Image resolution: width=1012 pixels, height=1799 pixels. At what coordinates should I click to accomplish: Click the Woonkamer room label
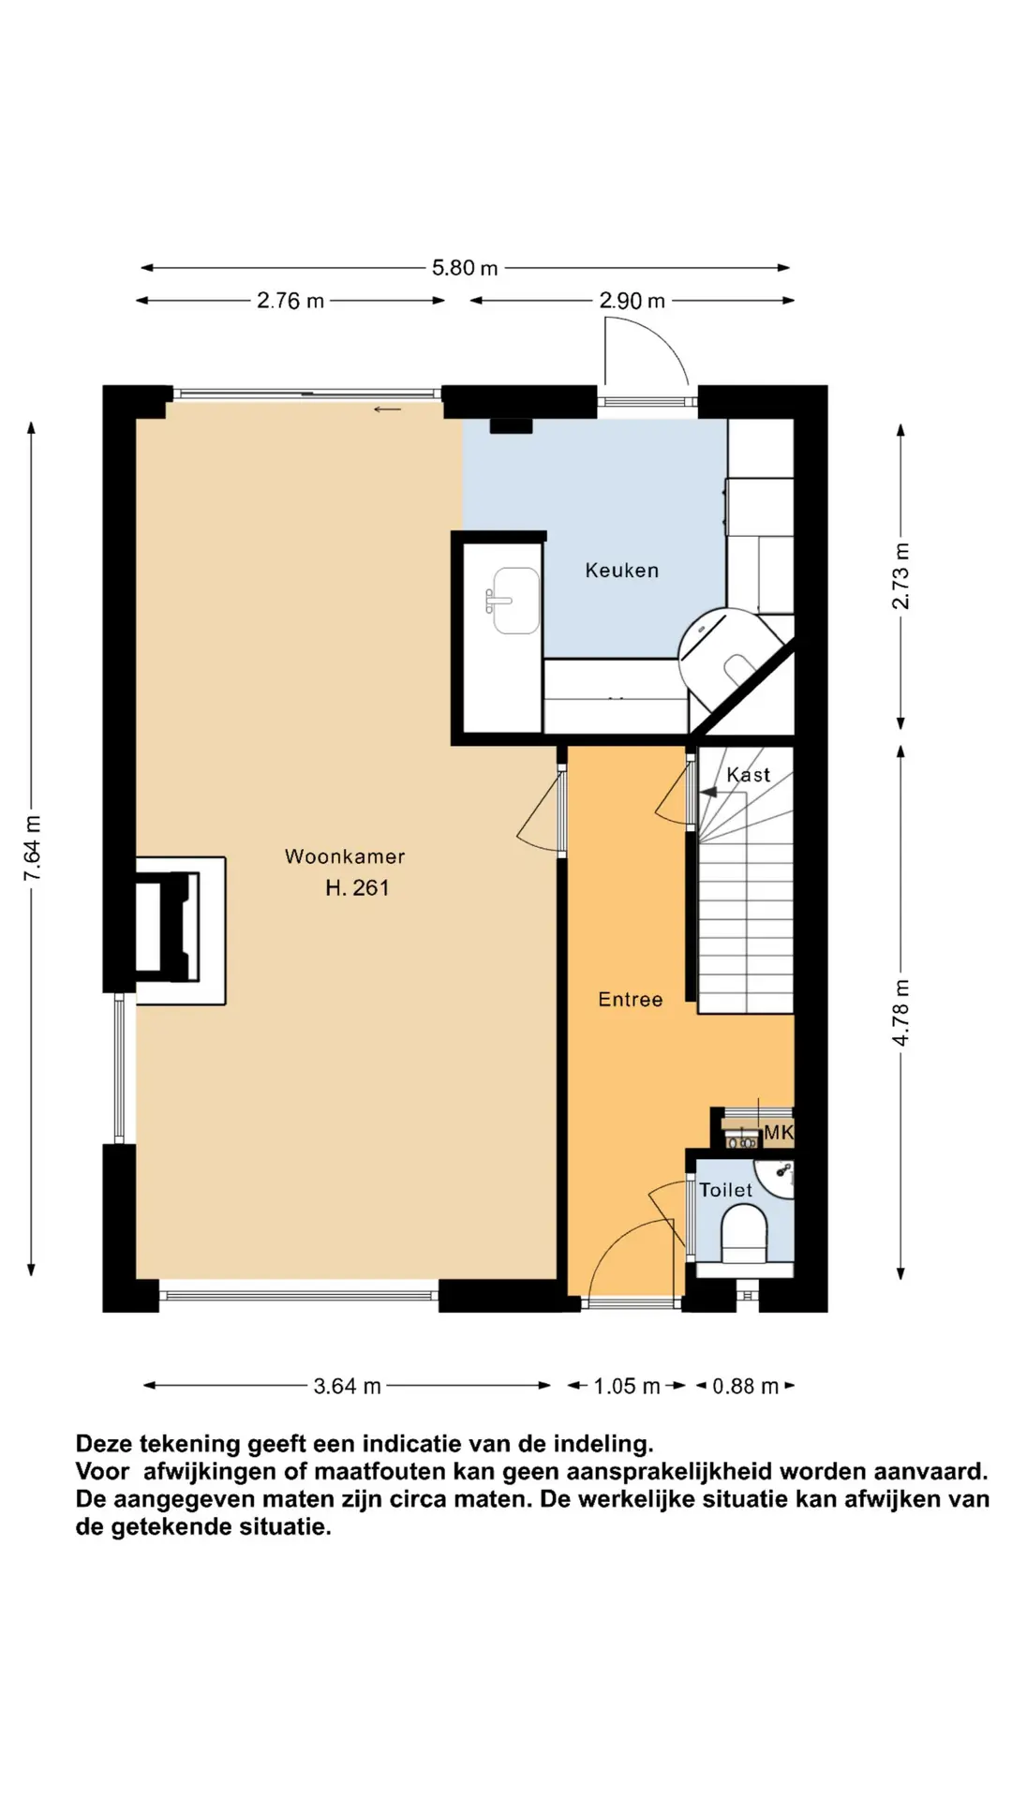(345, 856)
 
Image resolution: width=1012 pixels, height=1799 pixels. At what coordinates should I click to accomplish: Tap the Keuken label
(621, 570)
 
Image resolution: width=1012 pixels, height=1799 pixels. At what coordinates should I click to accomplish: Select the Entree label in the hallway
(630, 1000)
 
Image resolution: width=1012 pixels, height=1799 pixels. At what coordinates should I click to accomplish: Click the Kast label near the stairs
(748, 775)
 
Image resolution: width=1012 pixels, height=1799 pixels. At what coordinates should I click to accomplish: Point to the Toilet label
(725, 1190)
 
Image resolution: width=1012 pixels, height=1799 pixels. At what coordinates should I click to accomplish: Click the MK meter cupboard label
(779, 1133)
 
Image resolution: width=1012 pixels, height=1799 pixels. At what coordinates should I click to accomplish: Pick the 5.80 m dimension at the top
(465, 268)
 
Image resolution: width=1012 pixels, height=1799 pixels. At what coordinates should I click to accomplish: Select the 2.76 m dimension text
(290, 301)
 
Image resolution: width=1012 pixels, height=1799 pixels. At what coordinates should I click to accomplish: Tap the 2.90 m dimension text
(632, 301)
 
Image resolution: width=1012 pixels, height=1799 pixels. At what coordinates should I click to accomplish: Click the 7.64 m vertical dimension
(33, 848)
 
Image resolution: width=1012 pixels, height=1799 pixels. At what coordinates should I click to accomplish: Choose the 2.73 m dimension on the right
(900, 575)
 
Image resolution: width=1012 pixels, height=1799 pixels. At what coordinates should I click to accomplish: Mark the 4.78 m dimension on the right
(900, 1013)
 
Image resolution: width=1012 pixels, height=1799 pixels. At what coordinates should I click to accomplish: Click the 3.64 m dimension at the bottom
(347, 1386)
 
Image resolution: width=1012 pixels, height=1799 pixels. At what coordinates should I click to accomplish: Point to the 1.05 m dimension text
(626, 1386)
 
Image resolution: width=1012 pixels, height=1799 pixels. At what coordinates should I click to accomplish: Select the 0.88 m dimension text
(745, 1386)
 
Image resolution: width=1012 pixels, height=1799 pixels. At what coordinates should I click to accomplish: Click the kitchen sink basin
(513, 601)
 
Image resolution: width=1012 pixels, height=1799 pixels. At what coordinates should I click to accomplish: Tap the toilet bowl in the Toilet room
(744, 1232)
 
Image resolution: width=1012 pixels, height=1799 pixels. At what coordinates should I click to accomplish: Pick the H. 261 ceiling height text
(357, 888)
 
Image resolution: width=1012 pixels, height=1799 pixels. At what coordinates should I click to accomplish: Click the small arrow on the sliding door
(387, 409)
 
